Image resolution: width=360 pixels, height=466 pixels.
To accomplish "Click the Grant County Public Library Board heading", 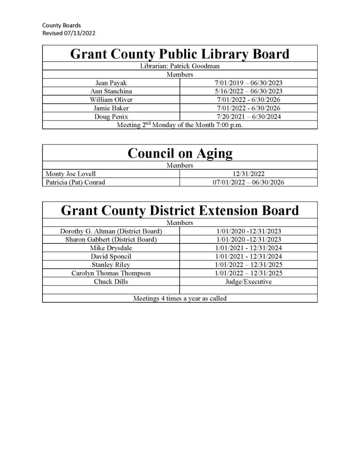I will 180,54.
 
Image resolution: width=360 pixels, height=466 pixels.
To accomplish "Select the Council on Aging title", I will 180,153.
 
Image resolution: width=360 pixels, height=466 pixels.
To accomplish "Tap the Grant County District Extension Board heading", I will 180,210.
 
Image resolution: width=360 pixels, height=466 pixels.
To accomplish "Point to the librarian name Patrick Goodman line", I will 180,66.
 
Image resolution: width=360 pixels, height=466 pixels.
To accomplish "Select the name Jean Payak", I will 111,83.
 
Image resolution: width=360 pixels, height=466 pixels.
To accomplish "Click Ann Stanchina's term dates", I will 248,91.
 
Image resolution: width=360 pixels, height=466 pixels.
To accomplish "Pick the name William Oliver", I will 111,100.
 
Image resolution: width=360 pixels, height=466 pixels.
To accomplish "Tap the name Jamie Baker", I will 111,108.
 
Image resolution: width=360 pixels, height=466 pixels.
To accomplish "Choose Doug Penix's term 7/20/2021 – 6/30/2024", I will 248,117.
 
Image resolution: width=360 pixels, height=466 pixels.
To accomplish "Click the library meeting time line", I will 180,125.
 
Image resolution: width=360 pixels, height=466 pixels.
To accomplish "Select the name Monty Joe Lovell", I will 71,174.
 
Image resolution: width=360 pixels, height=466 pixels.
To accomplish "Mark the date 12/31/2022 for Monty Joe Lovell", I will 248,174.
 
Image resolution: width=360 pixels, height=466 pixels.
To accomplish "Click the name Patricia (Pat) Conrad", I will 75,182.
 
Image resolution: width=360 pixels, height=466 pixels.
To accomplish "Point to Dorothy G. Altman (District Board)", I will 111,231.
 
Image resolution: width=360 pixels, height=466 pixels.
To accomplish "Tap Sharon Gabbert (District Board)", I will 111,240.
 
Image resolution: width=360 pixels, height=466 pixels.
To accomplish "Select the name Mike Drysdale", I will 111,248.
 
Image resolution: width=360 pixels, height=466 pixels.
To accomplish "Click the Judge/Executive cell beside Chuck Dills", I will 248,282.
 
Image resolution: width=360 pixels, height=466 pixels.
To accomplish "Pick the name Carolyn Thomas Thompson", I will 111,273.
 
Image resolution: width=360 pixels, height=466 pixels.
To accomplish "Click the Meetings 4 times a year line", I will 180,298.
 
